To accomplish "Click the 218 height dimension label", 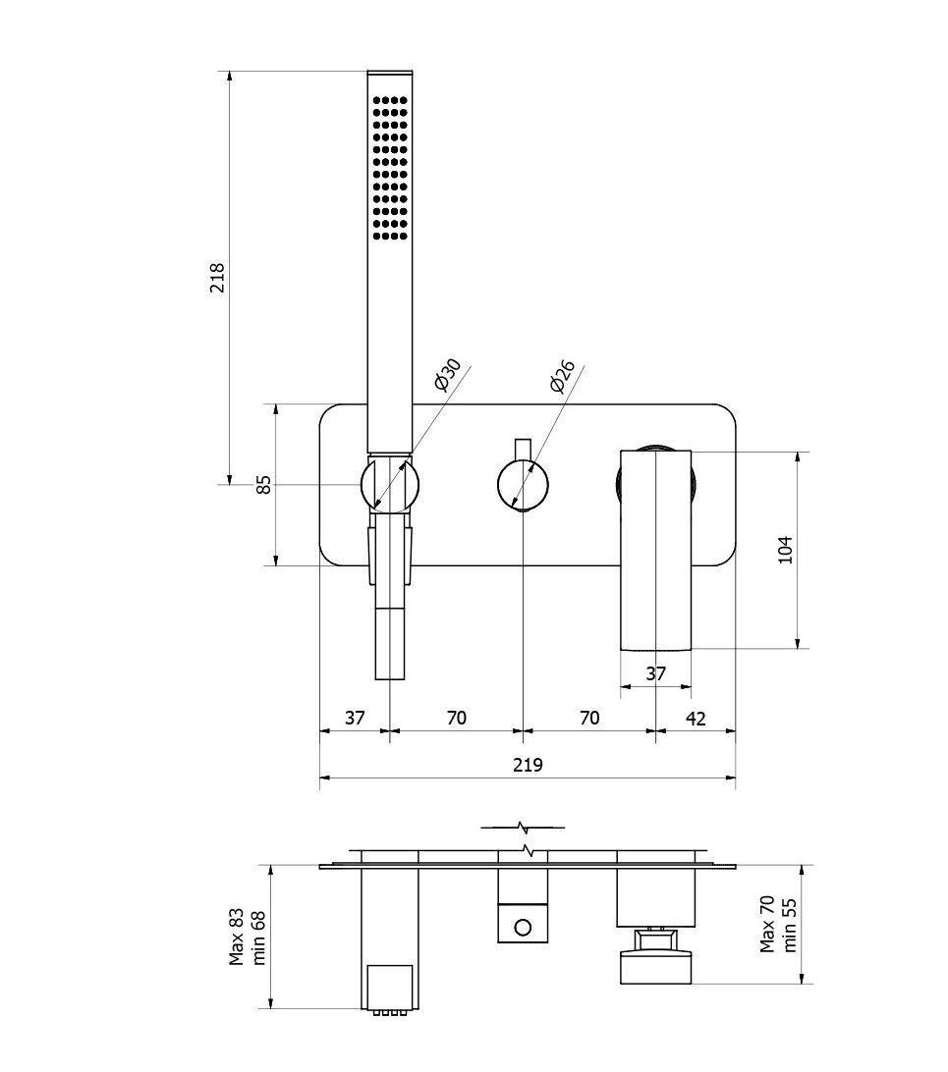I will (218, 277).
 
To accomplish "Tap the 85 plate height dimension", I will (263, 484).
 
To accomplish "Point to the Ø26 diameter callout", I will (562, 376).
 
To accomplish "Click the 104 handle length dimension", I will (784, 550).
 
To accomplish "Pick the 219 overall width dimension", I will (528, 765).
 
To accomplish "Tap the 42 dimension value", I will (695, 718).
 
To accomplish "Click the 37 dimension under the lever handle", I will (655, 673).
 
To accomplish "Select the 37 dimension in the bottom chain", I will (355, 718).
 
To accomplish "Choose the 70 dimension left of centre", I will (457, 718).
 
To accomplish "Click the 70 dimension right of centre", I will (588, 718).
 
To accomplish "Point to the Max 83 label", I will (237, 937).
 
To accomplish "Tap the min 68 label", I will (259, 937).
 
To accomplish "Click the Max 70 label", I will (768, 924).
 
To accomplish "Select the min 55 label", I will (790, 924).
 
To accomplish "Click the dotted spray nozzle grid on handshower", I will (390, 167).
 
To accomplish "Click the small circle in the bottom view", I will (523, 927).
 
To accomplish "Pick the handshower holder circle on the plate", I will (390, 484).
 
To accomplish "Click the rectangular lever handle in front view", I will (655, 550).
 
